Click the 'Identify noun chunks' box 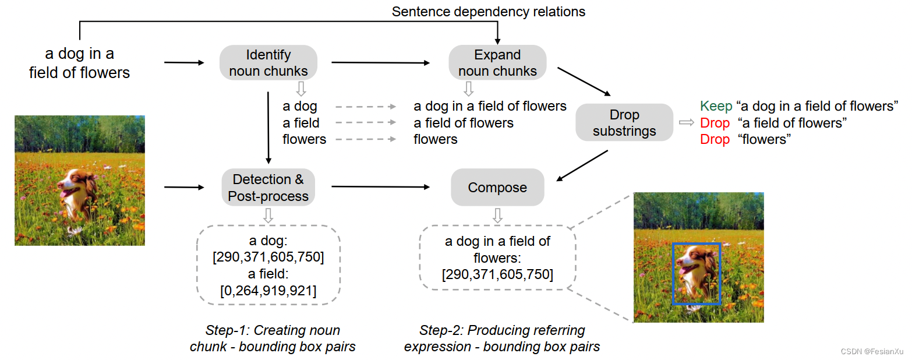(x=268, y=63)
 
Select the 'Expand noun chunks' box (x=497, y=63)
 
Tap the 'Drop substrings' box (x=624, y=123)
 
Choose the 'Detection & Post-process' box (x=268, y=188)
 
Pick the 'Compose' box (x=497, y=188)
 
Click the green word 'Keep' (x=715, y=107)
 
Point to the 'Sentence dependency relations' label (x=488, y=12)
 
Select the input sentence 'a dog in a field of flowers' (x=80, y=63)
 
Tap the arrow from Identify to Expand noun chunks (x=381, y=62)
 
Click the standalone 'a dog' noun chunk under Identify (x=299, y=107)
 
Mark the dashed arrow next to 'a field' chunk (x=366, y=123)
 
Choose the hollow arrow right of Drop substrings (x=686, y=122)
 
